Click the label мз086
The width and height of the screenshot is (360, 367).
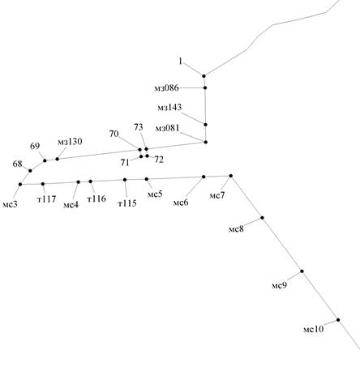click(x=166, y=88)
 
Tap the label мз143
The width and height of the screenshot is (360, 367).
click(x=169, y=108)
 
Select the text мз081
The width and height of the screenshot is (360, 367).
click(x=167, y=128)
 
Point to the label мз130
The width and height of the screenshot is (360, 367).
click(x=70, y=142)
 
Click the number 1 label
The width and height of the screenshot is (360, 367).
click(x=181, y=62)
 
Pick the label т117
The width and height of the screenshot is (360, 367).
click(x=47, y=199)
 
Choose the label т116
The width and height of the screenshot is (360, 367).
click(x=96, y=199)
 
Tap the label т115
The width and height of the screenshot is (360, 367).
click(x=127, y=203)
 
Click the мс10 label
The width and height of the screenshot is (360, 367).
click(x=313, y=329)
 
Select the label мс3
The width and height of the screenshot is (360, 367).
click(x=10, y=204)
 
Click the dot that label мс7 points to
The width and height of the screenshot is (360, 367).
click(x=231, y=176)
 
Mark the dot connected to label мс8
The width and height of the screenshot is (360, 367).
click(x=262, y=218)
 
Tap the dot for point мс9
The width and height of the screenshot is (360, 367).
click(x=302, y=271)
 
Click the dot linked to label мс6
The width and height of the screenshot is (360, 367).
click(x=204, y=177)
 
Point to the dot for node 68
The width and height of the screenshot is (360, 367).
click(x=30, y=171)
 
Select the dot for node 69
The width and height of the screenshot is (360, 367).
click(x=45, y=160)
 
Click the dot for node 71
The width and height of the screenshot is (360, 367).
click(x=141, y=156)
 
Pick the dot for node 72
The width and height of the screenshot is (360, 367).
click(x=148, y=156)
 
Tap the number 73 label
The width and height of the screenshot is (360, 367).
click(x=139, y=127)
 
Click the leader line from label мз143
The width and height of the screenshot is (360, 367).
click(x=193, y=118)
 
